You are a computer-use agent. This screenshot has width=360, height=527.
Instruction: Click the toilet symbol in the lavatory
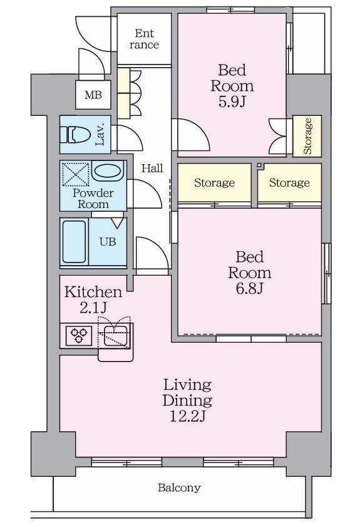75,135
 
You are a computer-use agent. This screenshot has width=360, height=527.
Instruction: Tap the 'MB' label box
93,95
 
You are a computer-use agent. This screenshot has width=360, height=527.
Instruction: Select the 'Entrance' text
145,39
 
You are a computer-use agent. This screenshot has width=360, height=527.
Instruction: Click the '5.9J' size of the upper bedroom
232,101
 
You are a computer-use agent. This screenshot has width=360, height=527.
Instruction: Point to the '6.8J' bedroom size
249,288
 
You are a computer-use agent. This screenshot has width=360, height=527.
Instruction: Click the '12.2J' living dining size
187,416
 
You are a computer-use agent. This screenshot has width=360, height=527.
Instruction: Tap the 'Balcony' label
179,488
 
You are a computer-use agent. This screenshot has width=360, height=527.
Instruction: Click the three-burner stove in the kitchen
79,335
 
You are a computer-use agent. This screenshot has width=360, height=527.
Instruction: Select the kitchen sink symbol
116,335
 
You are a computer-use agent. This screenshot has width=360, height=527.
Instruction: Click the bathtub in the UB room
75,241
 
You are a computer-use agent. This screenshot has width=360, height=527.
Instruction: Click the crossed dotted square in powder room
76,174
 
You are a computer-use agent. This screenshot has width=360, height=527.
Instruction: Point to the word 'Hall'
152,168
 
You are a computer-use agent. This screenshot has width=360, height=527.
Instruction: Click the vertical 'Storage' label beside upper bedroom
307,136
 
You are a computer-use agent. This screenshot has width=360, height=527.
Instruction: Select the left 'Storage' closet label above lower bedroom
214,182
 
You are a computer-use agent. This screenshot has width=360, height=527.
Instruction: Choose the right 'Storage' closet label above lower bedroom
289,182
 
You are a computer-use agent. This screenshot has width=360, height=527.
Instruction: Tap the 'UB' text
108,241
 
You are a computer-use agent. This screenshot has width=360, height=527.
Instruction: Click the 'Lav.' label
100,135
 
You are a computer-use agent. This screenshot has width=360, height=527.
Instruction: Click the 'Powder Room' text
93,198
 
